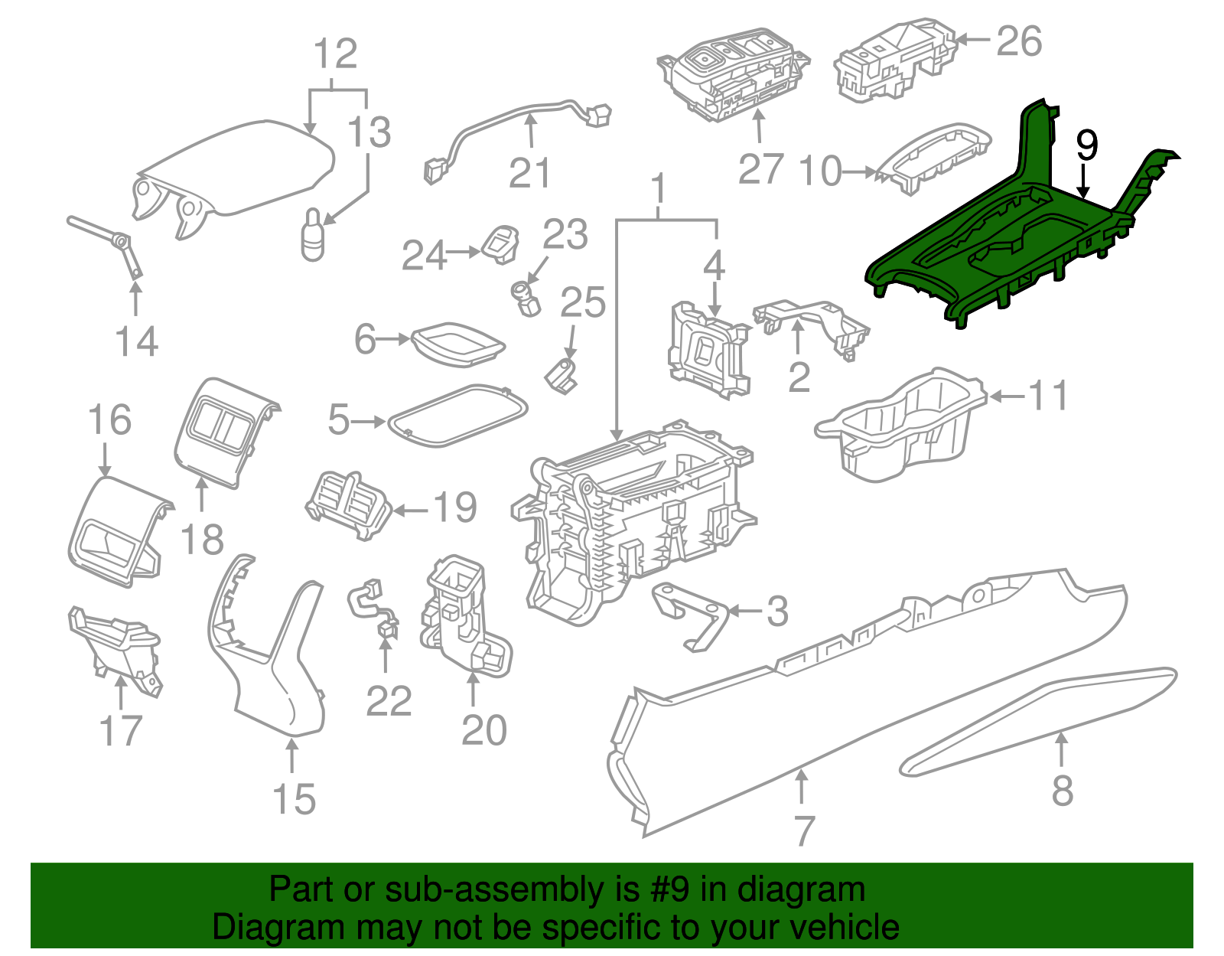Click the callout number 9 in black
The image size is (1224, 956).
1086,145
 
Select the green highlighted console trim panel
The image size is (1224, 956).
994,253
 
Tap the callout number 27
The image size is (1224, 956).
760,170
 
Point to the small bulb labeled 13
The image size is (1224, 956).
313,236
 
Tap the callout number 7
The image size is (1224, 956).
803,830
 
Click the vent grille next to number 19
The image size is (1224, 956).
348,505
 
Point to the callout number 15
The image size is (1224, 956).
294,799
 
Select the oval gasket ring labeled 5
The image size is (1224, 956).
457,416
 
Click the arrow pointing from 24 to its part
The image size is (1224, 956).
464,252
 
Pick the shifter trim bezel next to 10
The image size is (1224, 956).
933,157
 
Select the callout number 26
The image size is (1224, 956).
1019,41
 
